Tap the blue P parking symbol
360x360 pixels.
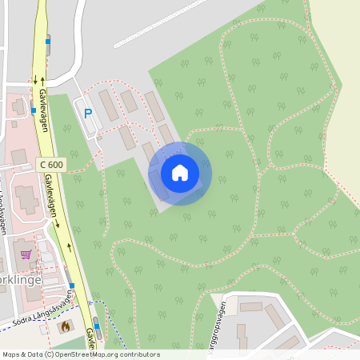[88, 114]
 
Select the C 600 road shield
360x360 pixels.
[51, 164]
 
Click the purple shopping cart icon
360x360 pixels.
[26, 254]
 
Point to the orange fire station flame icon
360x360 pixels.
[66, 326]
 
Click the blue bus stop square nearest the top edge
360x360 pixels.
[47, 40]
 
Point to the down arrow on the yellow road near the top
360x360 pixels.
[35, 80]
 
